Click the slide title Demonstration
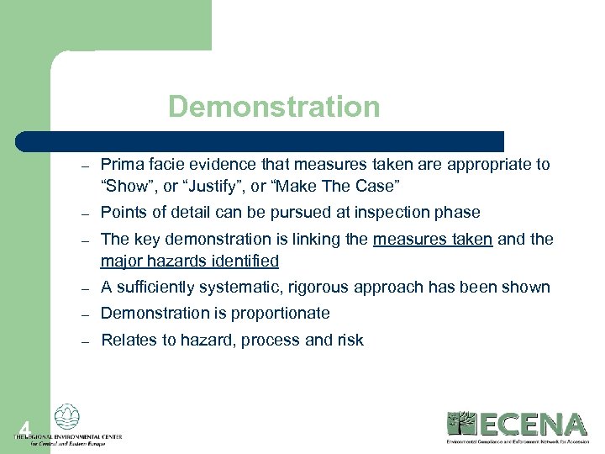[x=274, y=107]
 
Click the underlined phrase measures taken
[x=433, y=240]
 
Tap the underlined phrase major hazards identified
[x=189, y=261]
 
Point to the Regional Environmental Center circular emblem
[x=66, y=418]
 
